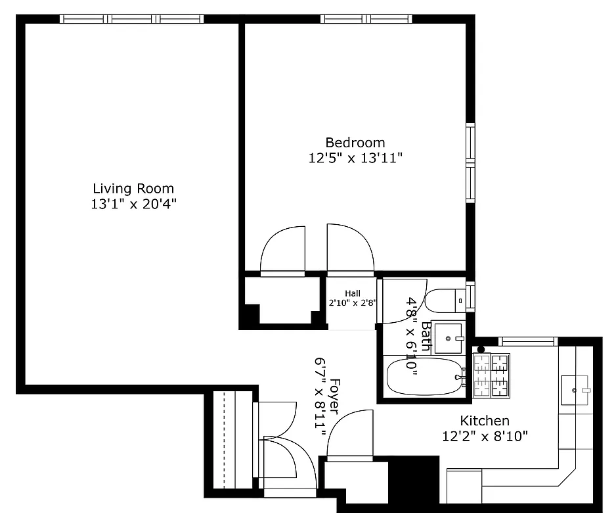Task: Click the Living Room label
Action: coord(133,189)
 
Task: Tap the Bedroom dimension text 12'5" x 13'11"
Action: coord(355,158)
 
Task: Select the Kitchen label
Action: coord(484,421)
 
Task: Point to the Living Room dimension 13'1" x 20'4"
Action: coord(133,204)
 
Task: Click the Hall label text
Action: coord(353,293)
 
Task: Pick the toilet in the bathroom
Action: coord(447,301)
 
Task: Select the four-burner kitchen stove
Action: coord(491,376)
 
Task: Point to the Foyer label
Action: coord(334,396)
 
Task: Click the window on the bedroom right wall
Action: coord(470,162)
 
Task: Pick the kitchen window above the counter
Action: coord(528,341)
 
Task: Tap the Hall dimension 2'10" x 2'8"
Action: coord(353,304)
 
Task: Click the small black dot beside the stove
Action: coord(481,349)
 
